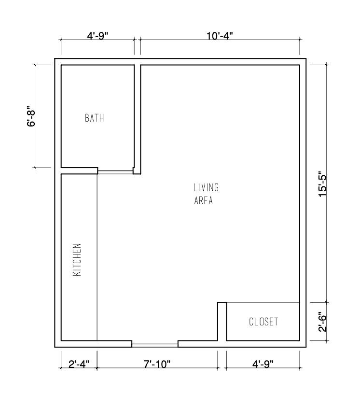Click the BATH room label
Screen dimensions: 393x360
95,118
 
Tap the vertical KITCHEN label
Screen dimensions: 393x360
77,259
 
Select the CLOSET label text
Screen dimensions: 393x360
263,322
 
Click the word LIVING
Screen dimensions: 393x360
206,187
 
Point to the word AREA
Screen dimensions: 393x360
204,201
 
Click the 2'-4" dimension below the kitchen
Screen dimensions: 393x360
78,363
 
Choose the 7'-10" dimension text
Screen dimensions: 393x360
156,363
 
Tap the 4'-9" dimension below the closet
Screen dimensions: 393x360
262,363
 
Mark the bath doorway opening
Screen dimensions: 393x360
115,170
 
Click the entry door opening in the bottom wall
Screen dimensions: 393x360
155,344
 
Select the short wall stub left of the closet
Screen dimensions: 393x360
222,321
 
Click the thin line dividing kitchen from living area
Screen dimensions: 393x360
97,256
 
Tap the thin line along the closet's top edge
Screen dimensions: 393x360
263,303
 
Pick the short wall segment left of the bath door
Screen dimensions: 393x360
79,170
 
